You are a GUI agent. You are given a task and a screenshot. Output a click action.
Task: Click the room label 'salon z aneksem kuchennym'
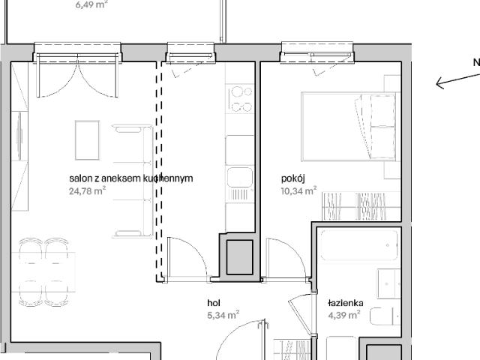[x=131, y=178]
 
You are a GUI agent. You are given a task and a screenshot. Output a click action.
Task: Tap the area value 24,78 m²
[x=87, y=190]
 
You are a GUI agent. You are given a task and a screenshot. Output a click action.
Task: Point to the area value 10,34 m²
[x=298, y=190]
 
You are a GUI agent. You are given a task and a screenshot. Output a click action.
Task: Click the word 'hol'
[x=214, y=303]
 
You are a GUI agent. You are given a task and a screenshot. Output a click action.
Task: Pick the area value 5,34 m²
[x=223, y=315]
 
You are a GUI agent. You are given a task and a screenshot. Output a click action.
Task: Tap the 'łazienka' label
[x=346, y=303]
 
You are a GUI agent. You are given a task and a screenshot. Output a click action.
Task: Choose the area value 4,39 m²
[x=344, y=315]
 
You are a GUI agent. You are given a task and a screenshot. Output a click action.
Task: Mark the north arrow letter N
[x=475, y=63]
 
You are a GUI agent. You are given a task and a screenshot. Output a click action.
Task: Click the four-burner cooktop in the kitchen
[x=241, y=99]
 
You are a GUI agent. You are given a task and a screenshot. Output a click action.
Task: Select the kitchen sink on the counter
[x=240, y=178]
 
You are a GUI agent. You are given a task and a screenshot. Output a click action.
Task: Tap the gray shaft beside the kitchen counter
[x=240, y=256]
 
